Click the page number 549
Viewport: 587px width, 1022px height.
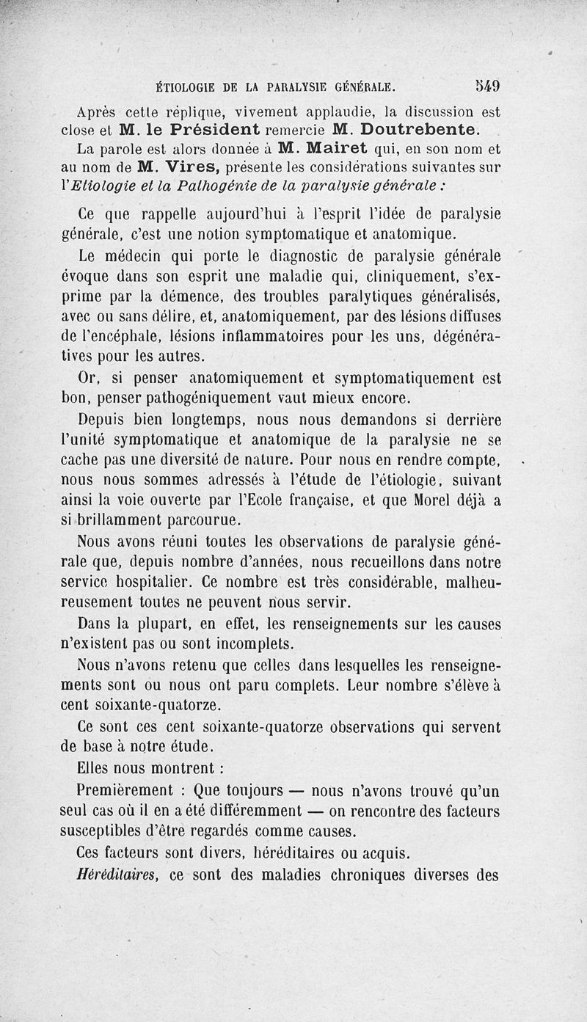click(486, 87)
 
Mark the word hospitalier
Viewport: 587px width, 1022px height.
click(151, 583)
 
